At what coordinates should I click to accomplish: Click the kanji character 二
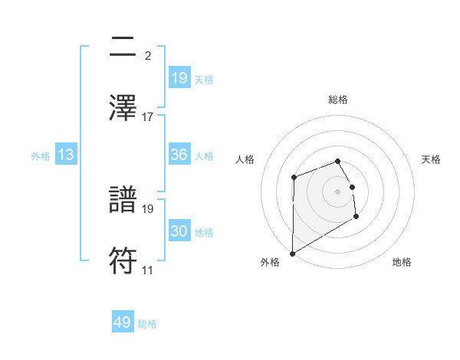[123, 47]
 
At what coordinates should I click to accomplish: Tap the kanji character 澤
[123, 108]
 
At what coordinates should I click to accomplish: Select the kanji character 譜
[123, 200]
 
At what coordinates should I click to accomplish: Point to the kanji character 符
[123, 261]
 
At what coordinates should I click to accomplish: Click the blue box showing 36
[179, 155]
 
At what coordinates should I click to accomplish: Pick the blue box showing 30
[179, 231]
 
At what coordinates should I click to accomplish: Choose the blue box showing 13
[66, 155]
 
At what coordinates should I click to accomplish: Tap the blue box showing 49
[123, 322]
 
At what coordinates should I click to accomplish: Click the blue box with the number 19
[179, 78]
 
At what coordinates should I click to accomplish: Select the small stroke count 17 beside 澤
[148, 117]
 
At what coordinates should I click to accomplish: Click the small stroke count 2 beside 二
[147, 56]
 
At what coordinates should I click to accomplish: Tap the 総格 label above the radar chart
[338, 100]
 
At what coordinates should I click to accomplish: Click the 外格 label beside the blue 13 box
[41, 155]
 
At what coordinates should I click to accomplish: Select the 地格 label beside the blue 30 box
[205, 232]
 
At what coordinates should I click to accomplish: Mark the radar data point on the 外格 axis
[292, 253]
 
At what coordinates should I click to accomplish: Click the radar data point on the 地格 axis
[356, 217]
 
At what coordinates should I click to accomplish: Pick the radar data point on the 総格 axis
[338, 161]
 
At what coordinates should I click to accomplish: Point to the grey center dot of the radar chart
[338, 191]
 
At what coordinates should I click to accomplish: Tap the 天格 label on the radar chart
[432, 159]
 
